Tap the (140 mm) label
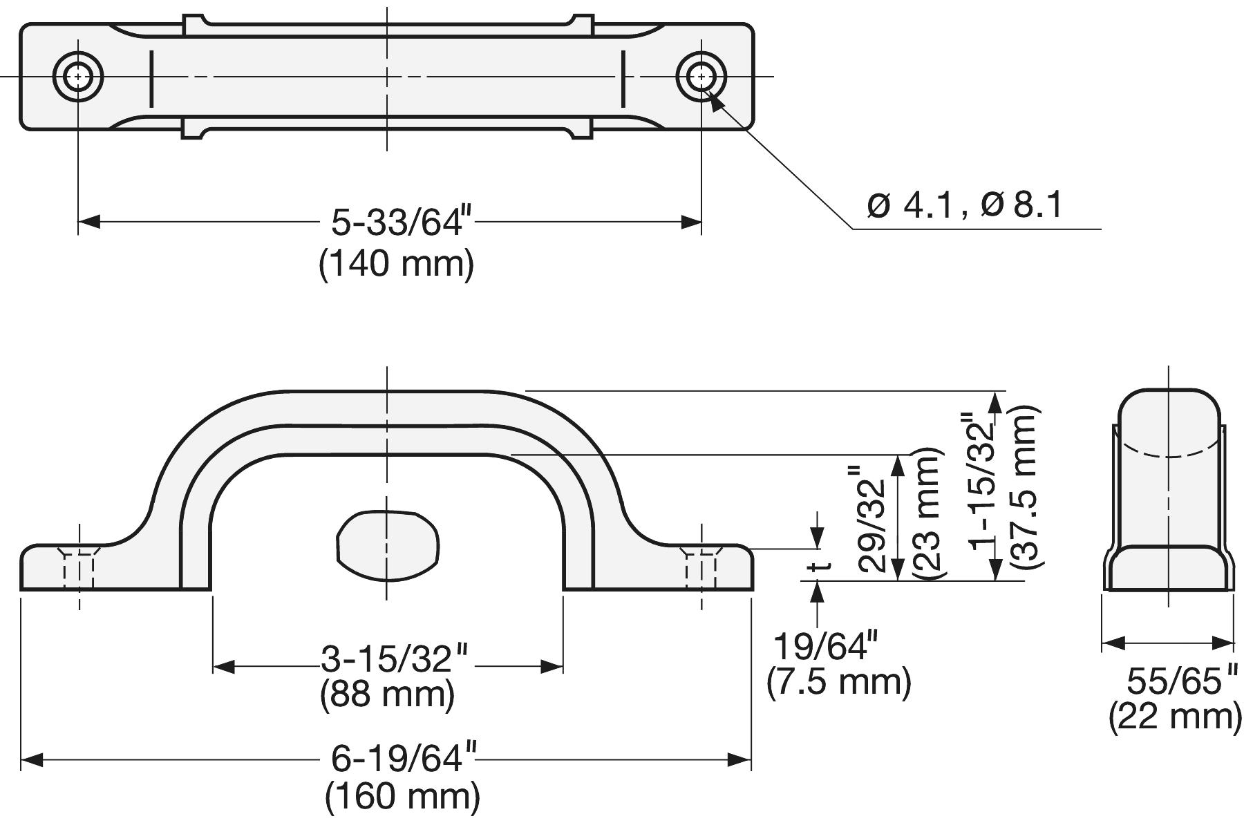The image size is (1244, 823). click(396, 264)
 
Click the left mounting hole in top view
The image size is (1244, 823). click(79, 76)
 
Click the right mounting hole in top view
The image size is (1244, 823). click(701, 76)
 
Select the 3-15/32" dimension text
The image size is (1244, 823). click(394, 659)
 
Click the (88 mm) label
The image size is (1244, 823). click(387, 694)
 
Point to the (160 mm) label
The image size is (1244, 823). click(402, 796)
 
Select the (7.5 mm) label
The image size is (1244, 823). click(838, 683)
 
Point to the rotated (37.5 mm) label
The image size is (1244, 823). click(1024, 486)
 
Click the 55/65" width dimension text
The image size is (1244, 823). click(1180, 681)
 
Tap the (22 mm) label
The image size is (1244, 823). click(1175, 717)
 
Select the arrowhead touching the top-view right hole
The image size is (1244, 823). click(716, 101)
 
